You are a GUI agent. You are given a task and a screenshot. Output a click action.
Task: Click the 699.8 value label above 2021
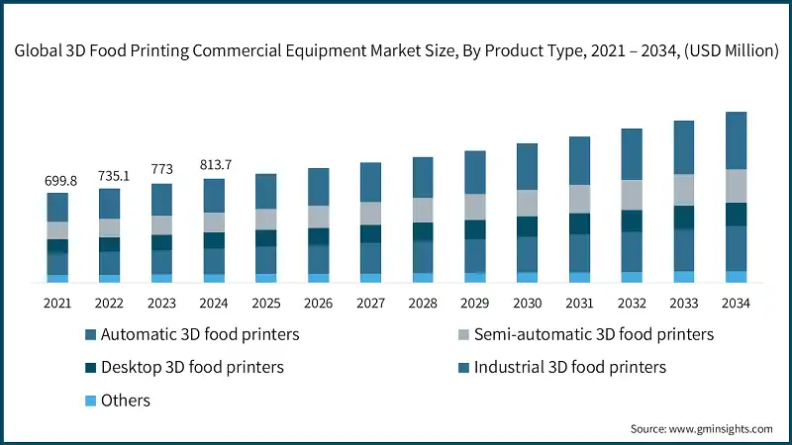57,181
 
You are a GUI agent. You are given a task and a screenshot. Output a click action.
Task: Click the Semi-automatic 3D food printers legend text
593,334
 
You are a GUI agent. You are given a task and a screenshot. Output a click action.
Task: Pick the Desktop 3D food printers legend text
192,367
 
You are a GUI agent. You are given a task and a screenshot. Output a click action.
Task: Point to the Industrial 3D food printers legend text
570,367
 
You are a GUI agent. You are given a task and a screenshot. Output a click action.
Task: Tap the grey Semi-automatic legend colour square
457,335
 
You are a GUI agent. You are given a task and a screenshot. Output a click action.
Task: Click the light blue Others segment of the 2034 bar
736,277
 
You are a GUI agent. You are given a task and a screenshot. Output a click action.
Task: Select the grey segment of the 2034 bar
736,186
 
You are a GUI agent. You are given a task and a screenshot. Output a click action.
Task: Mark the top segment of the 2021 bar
57,207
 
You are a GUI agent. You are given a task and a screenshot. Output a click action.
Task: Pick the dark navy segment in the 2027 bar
370,233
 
